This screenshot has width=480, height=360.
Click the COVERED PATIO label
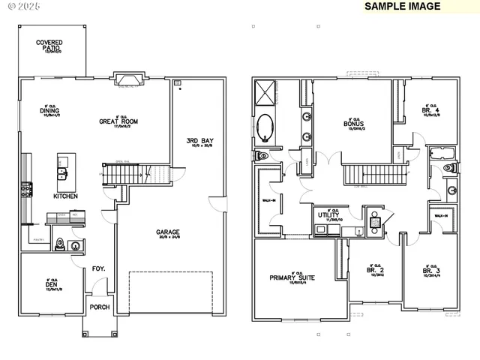tap(49, 46)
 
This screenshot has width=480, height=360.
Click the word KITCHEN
tap(65, 196)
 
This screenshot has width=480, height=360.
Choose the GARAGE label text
tap(167, 232)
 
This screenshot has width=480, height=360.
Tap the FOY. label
tap(98, 268)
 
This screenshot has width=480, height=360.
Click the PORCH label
tap(100, 307)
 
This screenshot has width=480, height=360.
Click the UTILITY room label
tap(331, 215)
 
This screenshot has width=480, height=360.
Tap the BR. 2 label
tap(375, 269)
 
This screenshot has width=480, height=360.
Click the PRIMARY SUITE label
tap(292, 277)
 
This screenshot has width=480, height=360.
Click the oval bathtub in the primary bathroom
tap(267, 127)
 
